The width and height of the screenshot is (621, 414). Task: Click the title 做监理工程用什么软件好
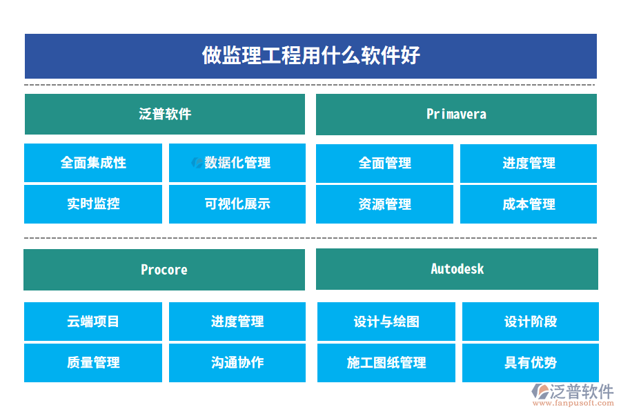[311, 55]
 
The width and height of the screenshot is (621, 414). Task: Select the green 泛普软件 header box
[165, 114]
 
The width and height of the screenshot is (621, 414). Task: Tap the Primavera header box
[456, 115]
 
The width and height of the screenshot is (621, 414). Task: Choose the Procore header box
[164, 270]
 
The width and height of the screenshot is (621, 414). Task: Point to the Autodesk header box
[457, 269]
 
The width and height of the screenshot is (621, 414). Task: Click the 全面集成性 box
[93, 163]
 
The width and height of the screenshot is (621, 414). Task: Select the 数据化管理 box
[237, 163]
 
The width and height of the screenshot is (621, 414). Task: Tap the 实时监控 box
[93, 204]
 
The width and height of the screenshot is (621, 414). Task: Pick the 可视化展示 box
[237, 204]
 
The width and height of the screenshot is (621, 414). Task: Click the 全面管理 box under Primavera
[384, 164]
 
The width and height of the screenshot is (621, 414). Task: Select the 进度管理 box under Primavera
[529, 164]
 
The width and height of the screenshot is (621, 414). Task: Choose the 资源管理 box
[384, 204]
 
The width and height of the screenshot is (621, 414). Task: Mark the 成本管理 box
[529, 204]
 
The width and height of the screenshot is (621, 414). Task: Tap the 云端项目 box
[93, 322]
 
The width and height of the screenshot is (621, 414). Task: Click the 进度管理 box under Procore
[237, 322]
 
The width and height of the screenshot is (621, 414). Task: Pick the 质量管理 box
[93, 363]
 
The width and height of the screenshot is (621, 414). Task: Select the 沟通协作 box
[237, 363]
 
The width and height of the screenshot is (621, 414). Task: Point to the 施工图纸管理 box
[386, 363]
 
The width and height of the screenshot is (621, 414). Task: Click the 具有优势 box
[531, 363]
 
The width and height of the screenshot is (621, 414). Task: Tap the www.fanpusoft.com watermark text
[573, 403]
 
